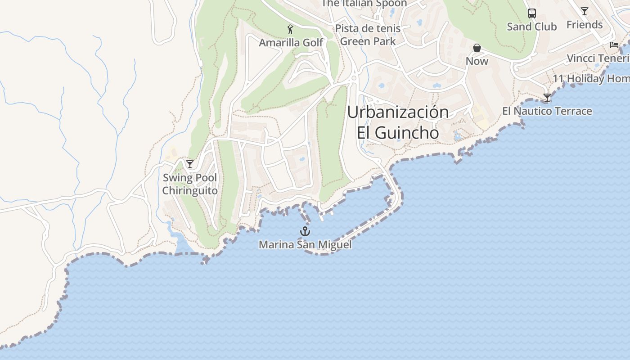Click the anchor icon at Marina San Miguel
tap(305, 231)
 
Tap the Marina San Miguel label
tap(305, 245)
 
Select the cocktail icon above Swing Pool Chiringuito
tap(190, 164)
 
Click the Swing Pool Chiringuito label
tap(190, 184)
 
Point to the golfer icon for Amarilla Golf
tap(290, 30)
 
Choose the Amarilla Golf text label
tap(291, 43)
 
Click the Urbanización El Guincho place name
tap(398, 122)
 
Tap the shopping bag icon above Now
tap(477, 48)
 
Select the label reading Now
tap(477, 61)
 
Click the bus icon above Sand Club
tap(532, 13)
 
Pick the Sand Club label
tap(532, 27)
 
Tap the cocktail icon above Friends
tap(584, 11)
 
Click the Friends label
tap(585, 25)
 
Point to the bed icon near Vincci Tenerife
tap(614, 45)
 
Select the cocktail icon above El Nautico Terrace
tap(547, 98)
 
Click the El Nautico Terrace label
tap(547, 111)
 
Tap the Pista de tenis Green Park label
tap(368, 35)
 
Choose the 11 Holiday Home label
tap(591, 78)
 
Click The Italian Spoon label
tap(364, 4)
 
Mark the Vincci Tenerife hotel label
tap(598, 58)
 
